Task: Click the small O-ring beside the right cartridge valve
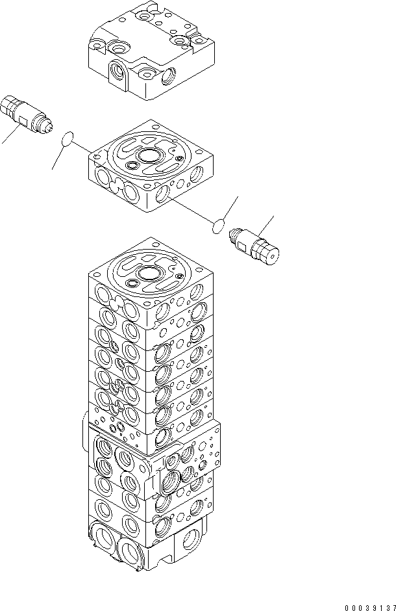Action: coord(218,226)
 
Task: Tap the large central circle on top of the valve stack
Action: coord(151,274)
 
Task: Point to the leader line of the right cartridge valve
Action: coord(266,224)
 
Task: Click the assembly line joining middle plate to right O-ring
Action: coord(188,208)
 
